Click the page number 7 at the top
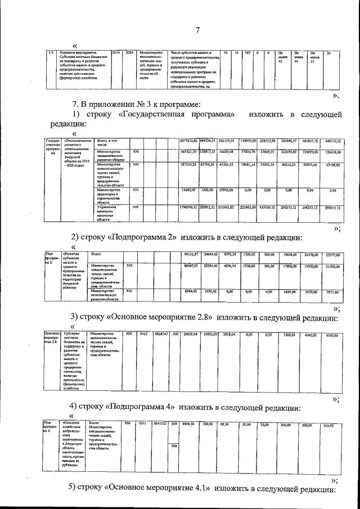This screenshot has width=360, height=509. coord(197,31)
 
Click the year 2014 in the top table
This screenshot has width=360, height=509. coord(116,53)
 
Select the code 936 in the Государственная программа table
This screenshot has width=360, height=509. coord(136,152)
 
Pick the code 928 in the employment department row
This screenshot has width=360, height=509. coord(136,208)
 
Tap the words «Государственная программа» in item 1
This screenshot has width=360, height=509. coord(177,115)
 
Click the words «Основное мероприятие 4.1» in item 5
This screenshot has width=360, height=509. coord(159,487)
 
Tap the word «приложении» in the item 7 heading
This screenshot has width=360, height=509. coord(112,103)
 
